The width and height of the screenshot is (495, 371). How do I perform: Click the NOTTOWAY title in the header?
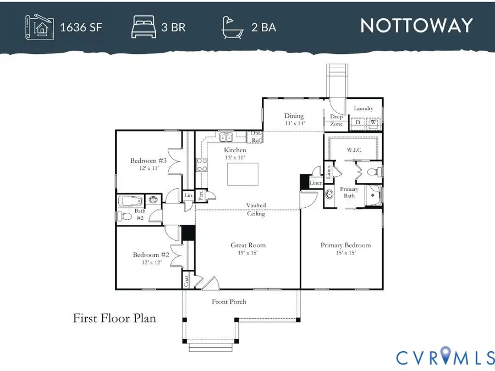point(416,26)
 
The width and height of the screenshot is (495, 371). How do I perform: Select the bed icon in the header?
point(144,26)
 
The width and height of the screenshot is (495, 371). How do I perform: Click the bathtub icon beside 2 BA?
point(233,26)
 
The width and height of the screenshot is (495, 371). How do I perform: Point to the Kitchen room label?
point(235,150)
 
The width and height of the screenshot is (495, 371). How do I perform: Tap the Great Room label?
point(248,246)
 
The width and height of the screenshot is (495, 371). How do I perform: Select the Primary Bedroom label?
point(345,245)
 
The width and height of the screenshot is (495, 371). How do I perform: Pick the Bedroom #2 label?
point(151,254)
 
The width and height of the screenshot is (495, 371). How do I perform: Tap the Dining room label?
point(294,116)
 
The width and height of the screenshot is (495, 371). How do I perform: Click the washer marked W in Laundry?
point(372,123)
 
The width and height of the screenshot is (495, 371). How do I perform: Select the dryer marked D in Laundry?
point(358,123)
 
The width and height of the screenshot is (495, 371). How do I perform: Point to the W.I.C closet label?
point(353,149)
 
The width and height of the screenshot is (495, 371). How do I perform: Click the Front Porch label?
point(229,302)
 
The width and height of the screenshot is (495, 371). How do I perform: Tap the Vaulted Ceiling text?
point(256,209)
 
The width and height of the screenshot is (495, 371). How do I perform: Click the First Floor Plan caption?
point(114,318)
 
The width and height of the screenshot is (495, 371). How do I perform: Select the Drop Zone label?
point(336,120)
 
